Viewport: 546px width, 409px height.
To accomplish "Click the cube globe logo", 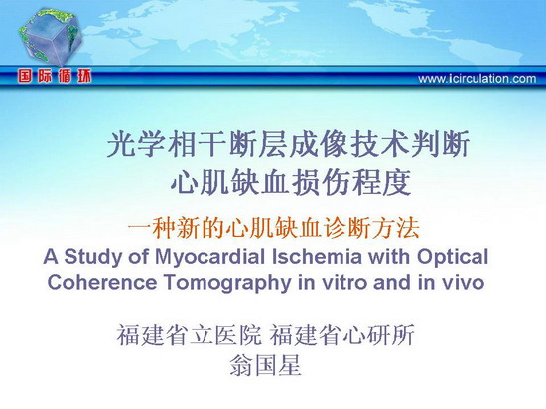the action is point(51,37).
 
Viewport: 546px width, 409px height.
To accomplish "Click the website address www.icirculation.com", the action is point(478,79).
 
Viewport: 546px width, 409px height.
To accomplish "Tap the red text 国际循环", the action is point(55,76).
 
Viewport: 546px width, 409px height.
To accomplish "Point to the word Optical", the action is point(453,257).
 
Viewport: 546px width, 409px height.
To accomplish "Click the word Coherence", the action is point(101,282).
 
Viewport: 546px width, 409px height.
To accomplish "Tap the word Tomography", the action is point(227,283).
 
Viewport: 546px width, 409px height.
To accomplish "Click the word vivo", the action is point(464,283).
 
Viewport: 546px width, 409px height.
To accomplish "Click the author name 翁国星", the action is point(265,365).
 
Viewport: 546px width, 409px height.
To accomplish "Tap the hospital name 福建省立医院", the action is point(189,335).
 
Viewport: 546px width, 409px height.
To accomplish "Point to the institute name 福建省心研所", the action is point(342,335).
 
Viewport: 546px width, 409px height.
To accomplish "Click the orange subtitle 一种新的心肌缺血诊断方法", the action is point(273,228).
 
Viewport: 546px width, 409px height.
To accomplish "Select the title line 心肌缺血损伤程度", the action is point(291,183).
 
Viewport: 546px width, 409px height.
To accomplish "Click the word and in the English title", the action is point(393,282).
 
